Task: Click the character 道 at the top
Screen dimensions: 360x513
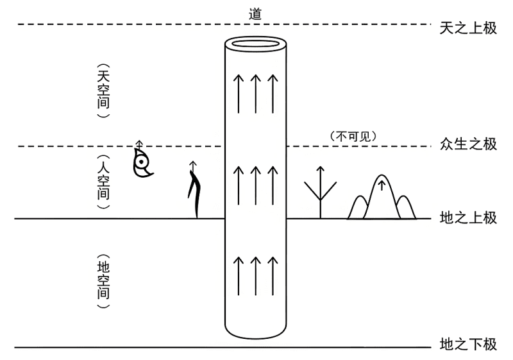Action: [x=255, y=13]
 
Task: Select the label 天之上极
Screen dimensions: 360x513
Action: [x=468, y=28]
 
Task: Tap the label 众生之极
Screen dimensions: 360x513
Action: [x=468, y=144]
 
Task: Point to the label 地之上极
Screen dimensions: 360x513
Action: [x=468, y=218]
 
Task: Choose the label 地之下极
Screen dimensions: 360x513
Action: [x=468, y=345]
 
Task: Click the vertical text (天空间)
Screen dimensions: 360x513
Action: [x=103, y=90]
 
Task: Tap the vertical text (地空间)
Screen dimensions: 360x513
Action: [x=103, y=283]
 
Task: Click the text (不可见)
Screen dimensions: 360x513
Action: [x=351, y=136]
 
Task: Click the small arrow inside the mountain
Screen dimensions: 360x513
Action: [x=382, y=187]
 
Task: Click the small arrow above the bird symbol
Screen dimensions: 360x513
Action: [x=139, y=144]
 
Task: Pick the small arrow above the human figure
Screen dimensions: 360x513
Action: [x=192, y=167]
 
